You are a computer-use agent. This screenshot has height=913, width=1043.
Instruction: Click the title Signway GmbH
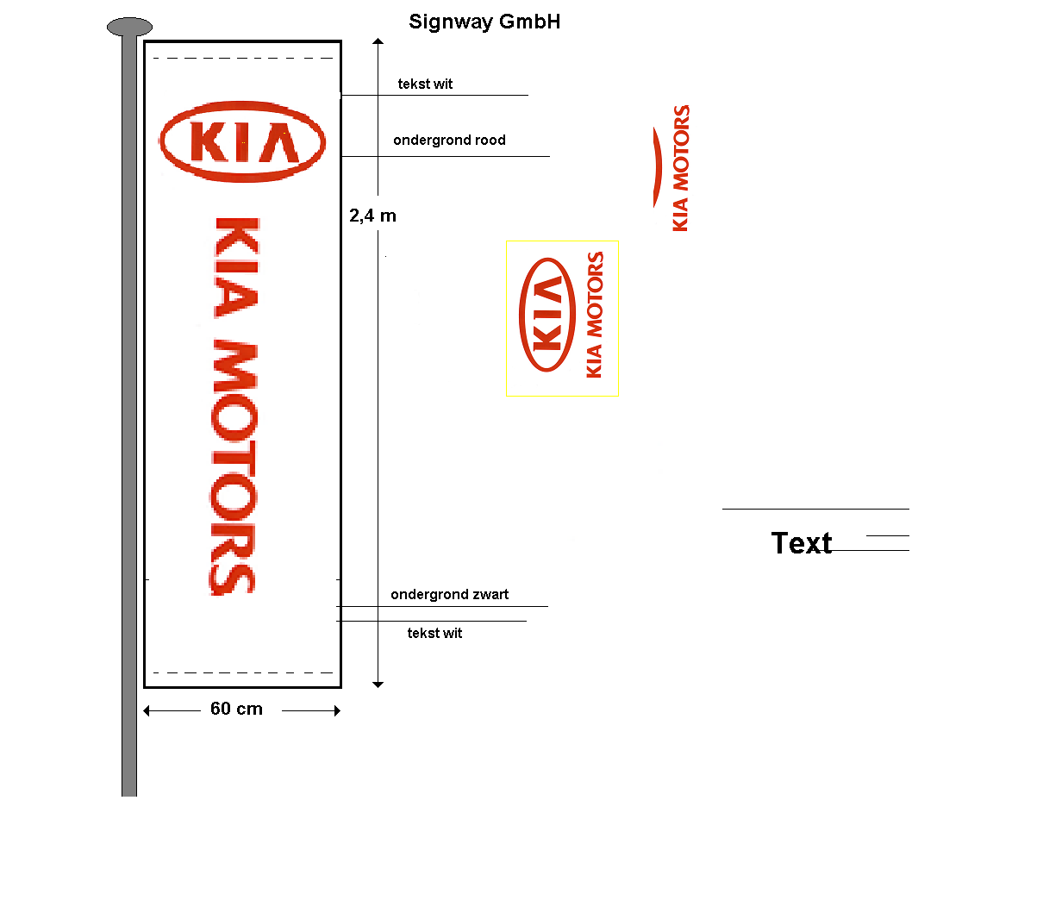point(484,22)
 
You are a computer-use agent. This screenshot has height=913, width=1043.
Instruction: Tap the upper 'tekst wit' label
point(425,84)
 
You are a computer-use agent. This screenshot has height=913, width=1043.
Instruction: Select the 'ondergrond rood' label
point(449,140)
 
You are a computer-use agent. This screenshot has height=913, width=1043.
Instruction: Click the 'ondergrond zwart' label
point(449,594)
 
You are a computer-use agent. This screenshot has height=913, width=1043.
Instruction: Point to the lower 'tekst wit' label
point(434,633)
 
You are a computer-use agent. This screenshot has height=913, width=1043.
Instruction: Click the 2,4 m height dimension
point(372,216)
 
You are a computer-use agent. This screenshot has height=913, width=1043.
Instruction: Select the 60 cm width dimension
point(236,709)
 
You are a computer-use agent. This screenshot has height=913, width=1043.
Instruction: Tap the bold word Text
point(802,543)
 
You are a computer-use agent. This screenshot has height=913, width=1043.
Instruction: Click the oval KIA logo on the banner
point(242,141)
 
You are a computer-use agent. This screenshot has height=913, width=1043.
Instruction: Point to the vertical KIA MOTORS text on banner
point(234,405)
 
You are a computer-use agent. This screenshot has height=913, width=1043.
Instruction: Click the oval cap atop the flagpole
point(129,27)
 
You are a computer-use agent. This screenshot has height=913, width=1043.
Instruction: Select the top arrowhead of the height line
point(378,41)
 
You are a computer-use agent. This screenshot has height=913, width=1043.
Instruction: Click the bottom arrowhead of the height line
point(378,685)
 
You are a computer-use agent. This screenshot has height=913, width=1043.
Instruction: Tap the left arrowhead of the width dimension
point(147,710)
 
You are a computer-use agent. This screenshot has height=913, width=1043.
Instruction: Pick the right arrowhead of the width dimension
point(337,710)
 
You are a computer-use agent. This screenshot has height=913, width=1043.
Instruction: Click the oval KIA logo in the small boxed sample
point(547,315)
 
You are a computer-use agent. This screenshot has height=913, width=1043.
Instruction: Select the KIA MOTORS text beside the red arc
point(681,168)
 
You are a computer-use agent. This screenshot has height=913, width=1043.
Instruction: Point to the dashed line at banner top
point(242,59)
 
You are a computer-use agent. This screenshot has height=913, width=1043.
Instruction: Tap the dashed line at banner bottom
point(242,672)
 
